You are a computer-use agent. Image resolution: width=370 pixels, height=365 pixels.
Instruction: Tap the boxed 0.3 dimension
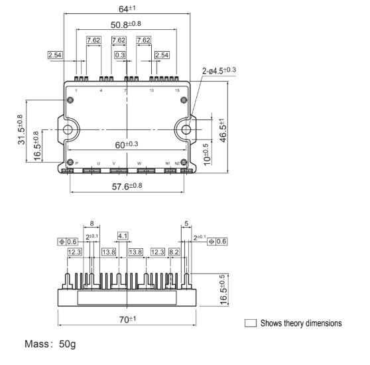[120, 56]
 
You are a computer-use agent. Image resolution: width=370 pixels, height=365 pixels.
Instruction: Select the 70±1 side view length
[125, 320]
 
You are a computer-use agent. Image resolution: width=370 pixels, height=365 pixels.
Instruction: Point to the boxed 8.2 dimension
[174, 252]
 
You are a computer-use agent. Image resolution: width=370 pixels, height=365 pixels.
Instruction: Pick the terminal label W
[139, 162]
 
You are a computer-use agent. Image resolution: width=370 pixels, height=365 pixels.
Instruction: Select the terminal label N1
[168, 162]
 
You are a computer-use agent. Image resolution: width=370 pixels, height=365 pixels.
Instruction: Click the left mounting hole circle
[71, 129]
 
